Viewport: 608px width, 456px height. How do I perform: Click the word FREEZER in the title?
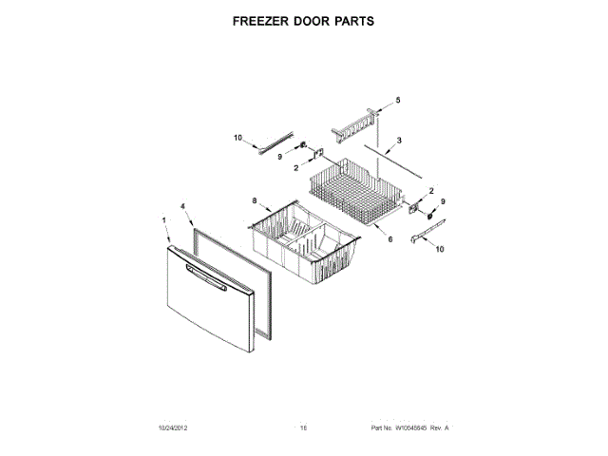tap(261, 19)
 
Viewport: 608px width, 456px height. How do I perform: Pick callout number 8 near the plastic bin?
tap(255, 200)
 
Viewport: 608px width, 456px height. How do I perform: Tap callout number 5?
tap(398, 101)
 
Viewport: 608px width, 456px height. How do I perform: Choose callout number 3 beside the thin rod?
tap(399, 141)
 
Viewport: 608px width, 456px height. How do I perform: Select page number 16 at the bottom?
tap(304, 428)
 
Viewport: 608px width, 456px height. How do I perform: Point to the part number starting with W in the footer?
tap(409, 428)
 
